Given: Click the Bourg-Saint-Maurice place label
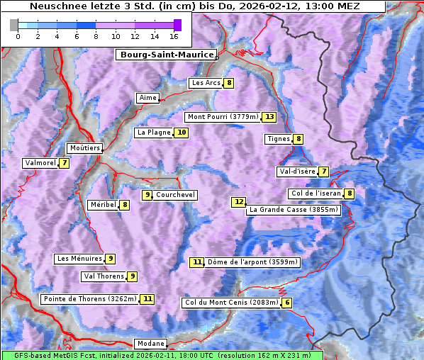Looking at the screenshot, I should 166,55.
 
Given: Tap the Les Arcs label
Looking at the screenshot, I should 206,83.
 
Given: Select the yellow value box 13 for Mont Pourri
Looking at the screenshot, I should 269,117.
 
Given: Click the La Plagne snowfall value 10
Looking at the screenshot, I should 182,133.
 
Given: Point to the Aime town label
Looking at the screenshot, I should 147,98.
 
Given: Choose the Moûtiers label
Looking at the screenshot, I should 84,148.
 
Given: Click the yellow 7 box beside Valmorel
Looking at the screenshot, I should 65,163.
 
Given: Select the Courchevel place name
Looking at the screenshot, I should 175,195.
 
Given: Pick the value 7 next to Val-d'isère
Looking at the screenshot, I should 324,171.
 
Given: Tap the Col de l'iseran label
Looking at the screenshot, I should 316,193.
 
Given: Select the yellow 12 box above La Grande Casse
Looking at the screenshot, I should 239,202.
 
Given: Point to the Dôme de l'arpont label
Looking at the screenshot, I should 252,262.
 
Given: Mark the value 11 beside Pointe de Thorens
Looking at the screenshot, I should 147,299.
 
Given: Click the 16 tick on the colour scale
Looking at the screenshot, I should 174,35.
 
